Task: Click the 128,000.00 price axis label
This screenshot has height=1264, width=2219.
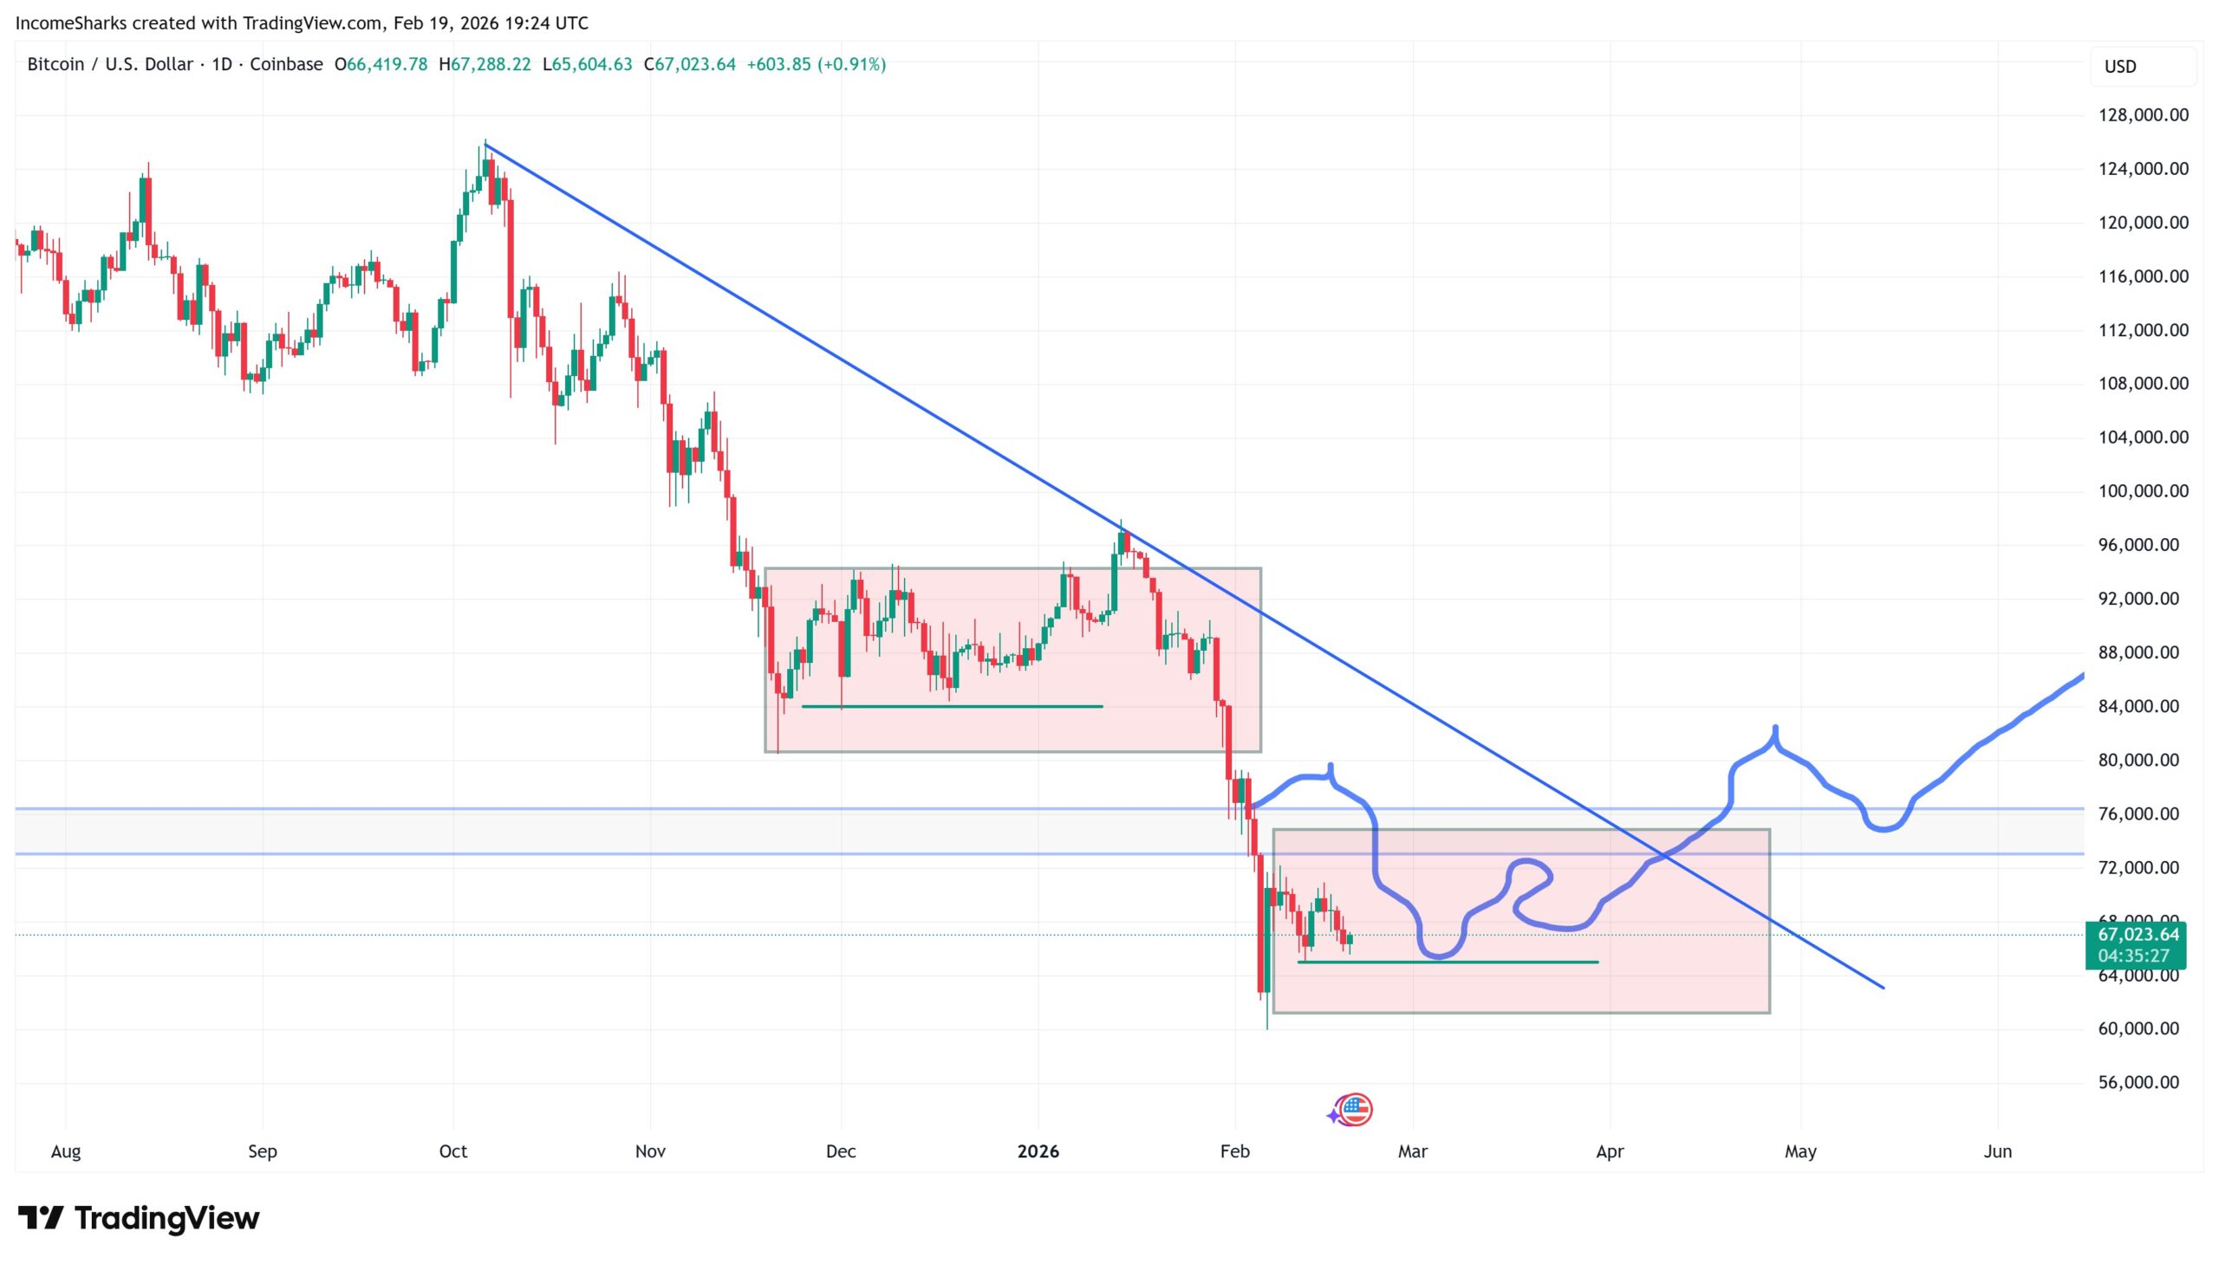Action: [x=2142, y=114]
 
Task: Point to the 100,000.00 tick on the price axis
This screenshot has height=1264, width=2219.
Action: [x=2142, y=490]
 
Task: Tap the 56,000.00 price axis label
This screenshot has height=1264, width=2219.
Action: [x=2142, y=1082]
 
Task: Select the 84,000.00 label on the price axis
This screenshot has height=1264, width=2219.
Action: [x=2142, y=706]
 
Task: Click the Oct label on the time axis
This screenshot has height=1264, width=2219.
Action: [x=452, y=1151]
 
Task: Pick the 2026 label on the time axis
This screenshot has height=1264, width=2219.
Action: [x=1038, y=1151]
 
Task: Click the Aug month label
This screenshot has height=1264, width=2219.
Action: [x=65, y=1151]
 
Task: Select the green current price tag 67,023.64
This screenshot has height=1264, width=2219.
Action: [x=2137, y=935]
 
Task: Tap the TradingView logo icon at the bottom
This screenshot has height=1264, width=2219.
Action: [x=41, y=1218]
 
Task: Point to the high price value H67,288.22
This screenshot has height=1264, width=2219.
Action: [x=485, y=64]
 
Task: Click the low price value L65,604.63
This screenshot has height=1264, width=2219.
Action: [x=587, y=64]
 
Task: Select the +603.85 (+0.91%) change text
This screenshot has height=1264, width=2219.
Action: [x=816, y=64]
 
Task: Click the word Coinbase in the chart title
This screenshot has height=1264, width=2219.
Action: [x=286, y=64]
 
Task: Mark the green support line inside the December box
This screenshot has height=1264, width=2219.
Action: [x=951, y=707]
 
